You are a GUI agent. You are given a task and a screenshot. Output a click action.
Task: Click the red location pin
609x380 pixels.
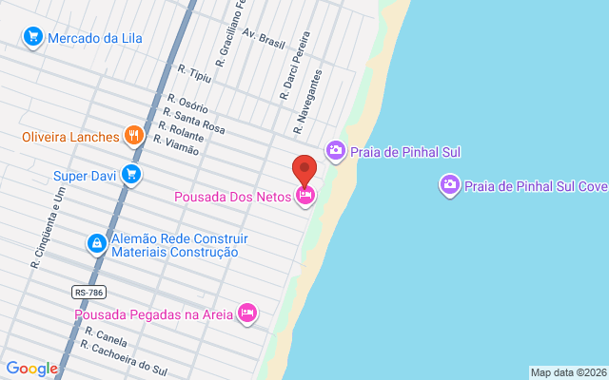(304, 168)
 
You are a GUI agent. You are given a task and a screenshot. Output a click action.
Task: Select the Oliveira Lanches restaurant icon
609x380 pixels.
(133, 136)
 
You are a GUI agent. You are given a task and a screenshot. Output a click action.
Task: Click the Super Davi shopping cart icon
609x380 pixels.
(131, 175)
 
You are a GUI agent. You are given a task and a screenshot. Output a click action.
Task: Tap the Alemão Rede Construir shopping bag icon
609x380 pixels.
(96, 244)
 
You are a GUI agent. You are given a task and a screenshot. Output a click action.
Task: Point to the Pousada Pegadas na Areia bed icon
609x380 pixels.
(247, 313)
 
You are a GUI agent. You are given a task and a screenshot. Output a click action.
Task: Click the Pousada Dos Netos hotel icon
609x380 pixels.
(305, 197)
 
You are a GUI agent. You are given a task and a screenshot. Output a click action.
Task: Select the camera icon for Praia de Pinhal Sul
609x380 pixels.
(335, 150)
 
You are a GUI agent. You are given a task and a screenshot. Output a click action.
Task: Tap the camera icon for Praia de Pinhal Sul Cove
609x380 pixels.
(449, 184)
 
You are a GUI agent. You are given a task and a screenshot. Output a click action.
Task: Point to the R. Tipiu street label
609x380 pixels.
(194, 73)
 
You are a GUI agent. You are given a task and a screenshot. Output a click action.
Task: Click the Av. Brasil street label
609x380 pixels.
(264, 40)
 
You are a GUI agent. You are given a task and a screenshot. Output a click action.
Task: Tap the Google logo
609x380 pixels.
(31, 369)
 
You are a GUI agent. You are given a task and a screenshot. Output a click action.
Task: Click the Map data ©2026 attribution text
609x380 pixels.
(568, 372)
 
